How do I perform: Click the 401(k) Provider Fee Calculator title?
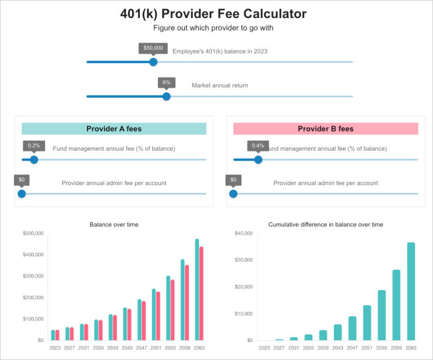[x=213, y=14]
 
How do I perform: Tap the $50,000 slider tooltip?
[x=153, y=48]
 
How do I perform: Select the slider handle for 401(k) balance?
[x=153, y=62]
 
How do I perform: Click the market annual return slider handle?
[x=166, y=96]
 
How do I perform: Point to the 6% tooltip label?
[x=166, y=82]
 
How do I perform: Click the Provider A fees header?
[x=114, y=129]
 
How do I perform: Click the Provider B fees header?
[x=325, y=129]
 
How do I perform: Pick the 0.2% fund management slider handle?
[x=34, y=160]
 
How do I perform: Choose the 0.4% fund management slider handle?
[x=258, y=160]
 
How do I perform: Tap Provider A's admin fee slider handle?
[x=21, y=194]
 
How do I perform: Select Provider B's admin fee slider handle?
[x=233, y=194]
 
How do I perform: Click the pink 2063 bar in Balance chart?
[x=201, y=293]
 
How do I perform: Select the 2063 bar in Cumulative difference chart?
[x=411, y=291]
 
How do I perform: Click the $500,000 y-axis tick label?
[x=33, y=233]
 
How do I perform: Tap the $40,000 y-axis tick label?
[x=244, y=233]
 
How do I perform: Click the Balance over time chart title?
[x=114, y=225]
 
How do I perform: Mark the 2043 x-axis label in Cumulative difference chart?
[x=338, y=348]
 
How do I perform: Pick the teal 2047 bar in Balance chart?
[x=139, y=319]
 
